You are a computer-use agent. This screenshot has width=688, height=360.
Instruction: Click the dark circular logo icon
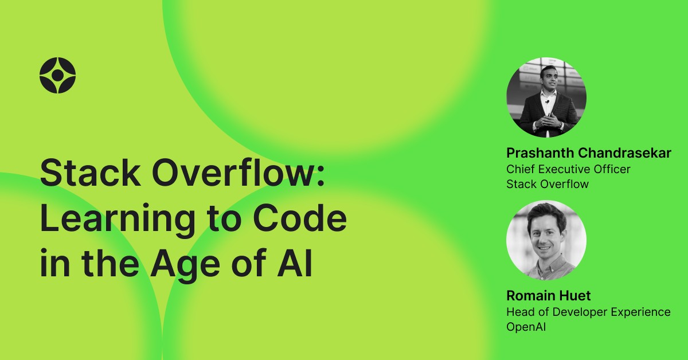click(x=57, y=75)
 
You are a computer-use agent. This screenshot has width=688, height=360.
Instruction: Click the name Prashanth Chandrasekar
click(x=588, y=154)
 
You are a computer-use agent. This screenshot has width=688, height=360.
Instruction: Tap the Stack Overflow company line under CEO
click(x=548, y=184)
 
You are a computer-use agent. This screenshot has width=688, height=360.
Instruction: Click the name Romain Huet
click(x=549, y=296)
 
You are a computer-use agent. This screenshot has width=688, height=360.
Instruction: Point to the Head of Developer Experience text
click(x=588, y=312)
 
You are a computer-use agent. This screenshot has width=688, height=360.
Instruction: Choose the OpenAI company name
click(x=526, y=327)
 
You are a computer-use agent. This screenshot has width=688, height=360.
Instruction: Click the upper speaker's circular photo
click(x=546, y=97)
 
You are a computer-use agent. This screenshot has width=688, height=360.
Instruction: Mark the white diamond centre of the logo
click(x=57, y=75)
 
